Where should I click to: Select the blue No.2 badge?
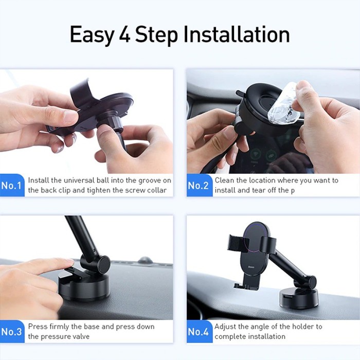(198, 186)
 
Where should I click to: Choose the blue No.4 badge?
(198, 332)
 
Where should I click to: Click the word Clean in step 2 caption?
(225, 181)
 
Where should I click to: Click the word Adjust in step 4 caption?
(226, 327)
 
